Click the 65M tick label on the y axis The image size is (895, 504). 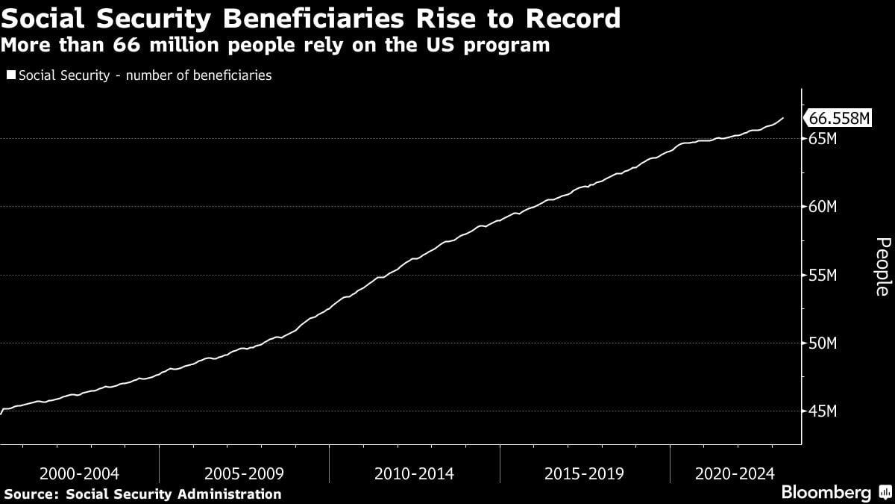point(822,139)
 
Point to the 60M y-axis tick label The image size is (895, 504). point(822,207)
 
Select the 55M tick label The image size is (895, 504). point(822,276)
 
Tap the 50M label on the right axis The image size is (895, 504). point(822,343)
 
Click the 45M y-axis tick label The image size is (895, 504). point(822,412)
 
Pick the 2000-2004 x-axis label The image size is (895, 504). point(79,474)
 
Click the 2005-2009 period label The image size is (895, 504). point(244,474)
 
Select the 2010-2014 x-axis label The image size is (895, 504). point(414,474)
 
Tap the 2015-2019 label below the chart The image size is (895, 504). point(584,474)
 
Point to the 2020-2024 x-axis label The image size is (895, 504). point(735,474)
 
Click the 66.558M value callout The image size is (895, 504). point(838,119)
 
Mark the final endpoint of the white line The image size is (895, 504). point(783,118)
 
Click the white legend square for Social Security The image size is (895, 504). point(10,75)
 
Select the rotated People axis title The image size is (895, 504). point(882,267)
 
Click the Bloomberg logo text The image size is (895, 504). point(826,493)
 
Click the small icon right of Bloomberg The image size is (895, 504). point(885,493)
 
